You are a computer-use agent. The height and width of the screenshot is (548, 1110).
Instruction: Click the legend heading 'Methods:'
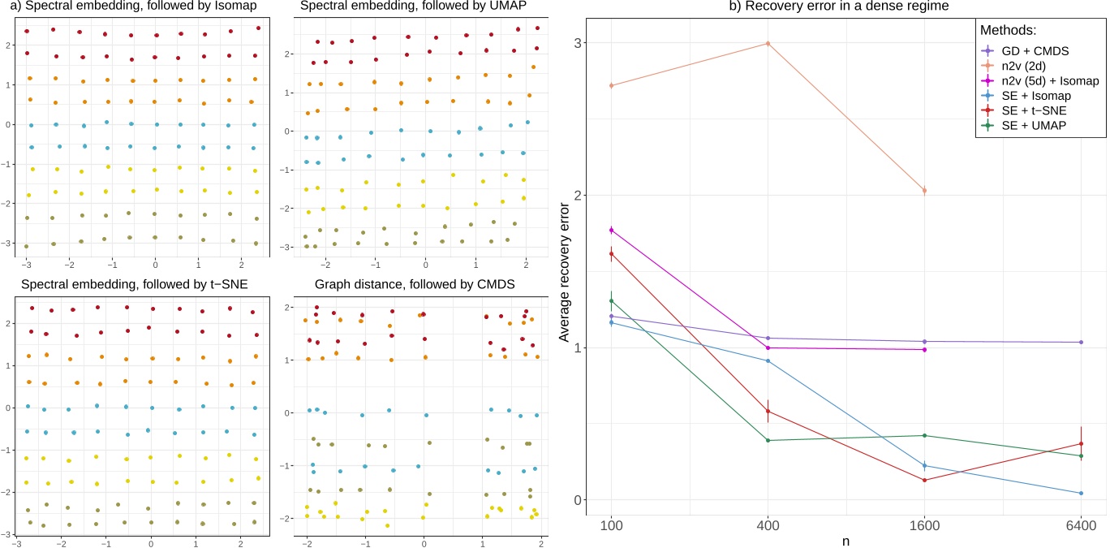coord(1013,30)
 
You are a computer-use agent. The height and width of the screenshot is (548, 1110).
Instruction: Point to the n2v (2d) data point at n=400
coord(768,43)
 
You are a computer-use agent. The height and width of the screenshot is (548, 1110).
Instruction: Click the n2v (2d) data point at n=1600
coord(924,191)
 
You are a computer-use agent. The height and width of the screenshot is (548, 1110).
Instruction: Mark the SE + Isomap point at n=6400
coord(1081,493)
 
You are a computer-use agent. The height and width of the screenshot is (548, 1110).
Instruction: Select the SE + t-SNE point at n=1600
coord(924,480)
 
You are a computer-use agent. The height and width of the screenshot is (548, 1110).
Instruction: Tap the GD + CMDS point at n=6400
coord(1081,342)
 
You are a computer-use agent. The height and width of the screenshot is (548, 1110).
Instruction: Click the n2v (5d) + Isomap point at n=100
coord(611,230)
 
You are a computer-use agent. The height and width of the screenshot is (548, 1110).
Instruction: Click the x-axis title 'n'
coord(846,538)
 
